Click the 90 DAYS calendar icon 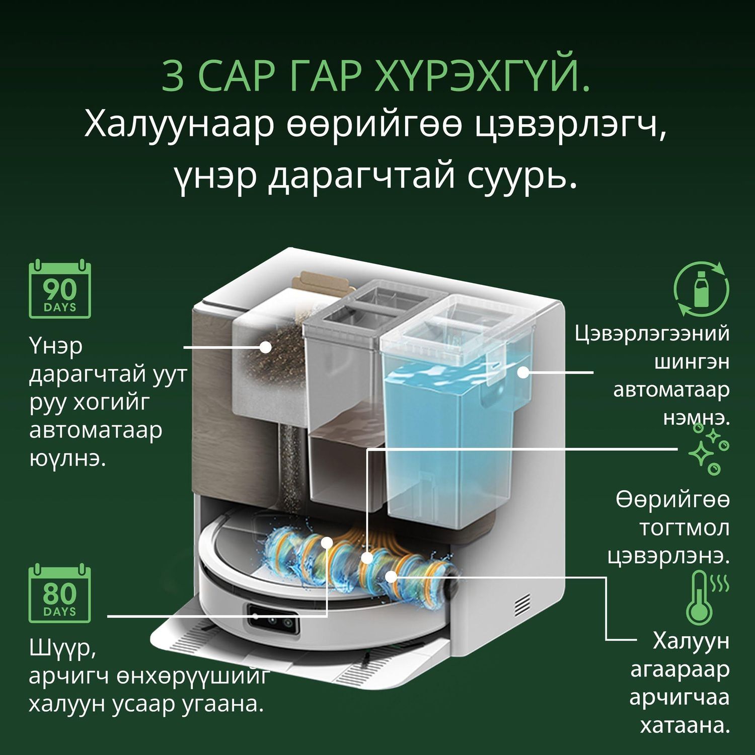click(x=59, y=289)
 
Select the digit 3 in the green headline click(x=173, y=77)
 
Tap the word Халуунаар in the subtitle click(x=179, y=125)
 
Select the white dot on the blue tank click(x=523, y=372)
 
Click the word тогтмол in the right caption click(x=684, y=528)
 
